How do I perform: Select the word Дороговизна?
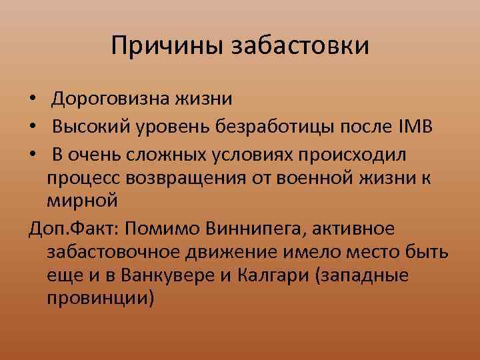[113, 99]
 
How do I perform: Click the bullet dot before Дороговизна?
[33, 101]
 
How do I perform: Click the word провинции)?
[101, 299]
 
